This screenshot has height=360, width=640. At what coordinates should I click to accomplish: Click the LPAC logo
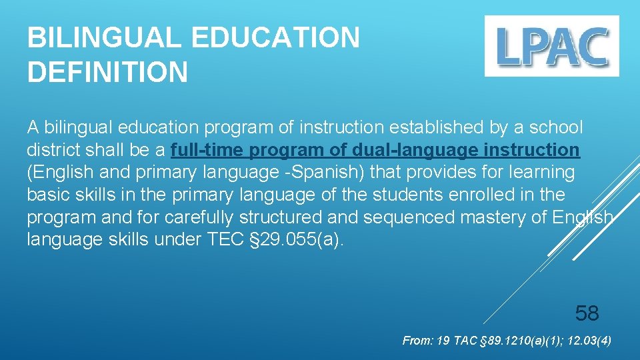(551, 46)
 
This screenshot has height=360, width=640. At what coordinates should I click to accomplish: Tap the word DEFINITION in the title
(107, 73)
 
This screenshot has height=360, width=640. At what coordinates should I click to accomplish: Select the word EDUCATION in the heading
(269, 38)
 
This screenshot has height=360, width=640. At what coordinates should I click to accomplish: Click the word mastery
(483, 218)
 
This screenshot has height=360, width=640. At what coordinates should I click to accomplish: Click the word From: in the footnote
(417, 341)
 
